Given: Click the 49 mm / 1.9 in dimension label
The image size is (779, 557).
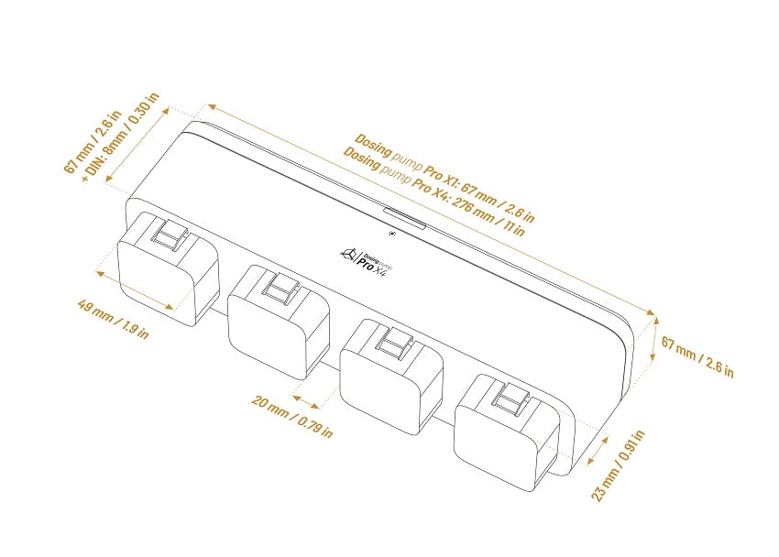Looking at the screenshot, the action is point(114,319).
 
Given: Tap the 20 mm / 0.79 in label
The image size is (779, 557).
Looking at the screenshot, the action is point(292,416).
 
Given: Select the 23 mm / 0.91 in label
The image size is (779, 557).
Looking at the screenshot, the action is point(619,465).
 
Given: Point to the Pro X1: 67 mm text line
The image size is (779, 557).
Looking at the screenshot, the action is point(444,178).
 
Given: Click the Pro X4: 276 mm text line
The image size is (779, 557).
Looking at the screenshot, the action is point(433,191).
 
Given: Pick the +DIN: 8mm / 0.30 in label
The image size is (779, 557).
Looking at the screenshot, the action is point(121,137).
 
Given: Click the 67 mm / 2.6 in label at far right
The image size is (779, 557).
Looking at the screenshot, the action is point(697,356).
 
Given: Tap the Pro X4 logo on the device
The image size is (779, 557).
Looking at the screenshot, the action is point(366,260).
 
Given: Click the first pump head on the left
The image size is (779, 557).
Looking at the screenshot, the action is point(168,269).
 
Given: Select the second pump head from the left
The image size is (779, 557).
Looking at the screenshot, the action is point(279,322).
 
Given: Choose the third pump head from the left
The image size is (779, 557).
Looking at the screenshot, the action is point(391,377).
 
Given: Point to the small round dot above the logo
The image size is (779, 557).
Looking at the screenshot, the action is point(392,235).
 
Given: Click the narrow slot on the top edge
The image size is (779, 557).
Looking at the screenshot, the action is point(404,218).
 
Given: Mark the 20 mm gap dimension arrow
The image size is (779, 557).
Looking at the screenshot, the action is point(306,401).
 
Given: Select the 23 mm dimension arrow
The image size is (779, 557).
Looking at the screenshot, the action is point(598,451).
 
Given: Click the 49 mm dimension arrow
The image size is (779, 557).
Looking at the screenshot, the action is point(135,290).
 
